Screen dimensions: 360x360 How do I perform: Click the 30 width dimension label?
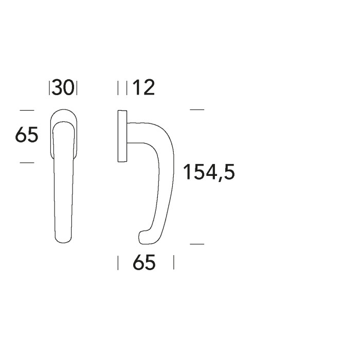(63, 88)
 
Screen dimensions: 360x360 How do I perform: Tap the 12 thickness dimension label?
(143, 88)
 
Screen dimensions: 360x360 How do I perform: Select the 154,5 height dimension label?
(209, 172)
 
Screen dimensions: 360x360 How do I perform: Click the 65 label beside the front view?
(27, 136)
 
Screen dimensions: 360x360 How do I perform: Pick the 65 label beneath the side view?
(144, 263)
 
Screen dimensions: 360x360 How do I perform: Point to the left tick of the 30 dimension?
(50, 88)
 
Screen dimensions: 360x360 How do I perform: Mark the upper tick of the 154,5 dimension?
(197, 110)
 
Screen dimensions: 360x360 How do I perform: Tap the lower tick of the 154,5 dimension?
(197, 244)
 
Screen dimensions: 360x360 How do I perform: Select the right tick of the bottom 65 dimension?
(173, 263)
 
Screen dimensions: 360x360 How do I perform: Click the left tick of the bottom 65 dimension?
(118, 263)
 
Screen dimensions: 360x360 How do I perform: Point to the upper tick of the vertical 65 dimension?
(27, 110)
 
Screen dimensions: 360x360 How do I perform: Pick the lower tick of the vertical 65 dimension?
(27, 163)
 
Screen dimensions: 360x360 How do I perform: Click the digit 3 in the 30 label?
(58, 88)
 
